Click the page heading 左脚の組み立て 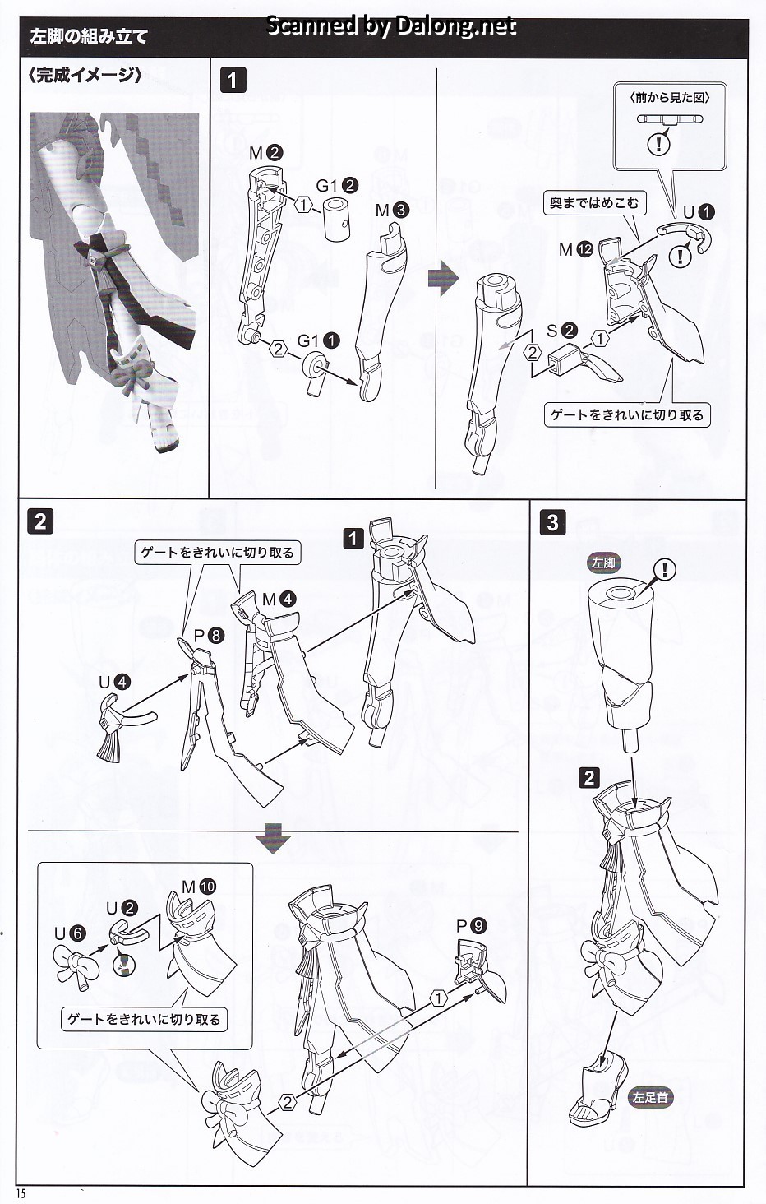pos(89,36)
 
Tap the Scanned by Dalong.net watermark pos(391,26)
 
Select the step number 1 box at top pos(233,80)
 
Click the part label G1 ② pos(337,185)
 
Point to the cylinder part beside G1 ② pos(337,219)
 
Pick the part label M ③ pos(391,210)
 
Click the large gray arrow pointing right pos(442,278)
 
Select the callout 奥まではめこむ pos(593,203)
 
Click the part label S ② pos(561,331)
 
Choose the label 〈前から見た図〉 pos(670,97)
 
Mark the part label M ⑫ pos(575,249)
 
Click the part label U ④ pos(114,682)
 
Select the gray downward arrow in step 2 pos(273,838)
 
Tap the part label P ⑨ pos(471,925)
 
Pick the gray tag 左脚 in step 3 pos(602,563)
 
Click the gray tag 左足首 pos(650,1097)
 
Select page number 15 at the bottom pos(21,1193)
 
